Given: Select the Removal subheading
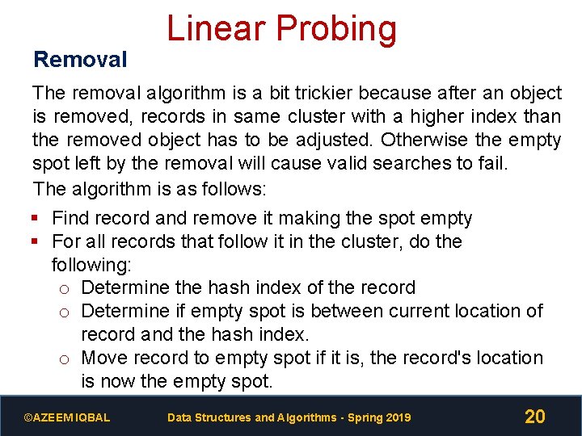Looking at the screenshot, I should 80,59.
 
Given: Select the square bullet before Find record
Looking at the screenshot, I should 36,218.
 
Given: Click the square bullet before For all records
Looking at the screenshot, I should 36,241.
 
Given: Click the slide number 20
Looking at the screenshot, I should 534,417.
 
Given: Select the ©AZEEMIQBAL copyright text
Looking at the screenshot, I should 67,417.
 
